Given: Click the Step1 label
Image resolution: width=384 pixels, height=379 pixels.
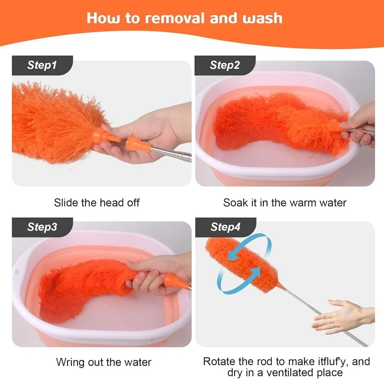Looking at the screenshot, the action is click(42, 65).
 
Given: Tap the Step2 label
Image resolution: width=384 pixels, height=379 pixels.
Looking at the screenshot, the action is click(225, 65).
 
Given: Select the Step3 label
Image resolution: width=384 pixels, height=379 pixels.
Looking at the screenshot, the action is click(42, 227).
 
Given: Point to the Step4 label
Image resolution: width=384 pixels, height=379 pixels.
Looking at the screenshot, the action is click(225, 227).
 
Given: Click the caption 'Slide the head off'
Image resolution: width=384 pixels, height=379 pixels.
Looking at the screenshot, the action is click(97, 203).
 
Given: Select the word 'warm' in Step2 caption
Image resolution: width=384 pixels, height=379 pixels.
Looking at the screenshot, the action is click(304, 203).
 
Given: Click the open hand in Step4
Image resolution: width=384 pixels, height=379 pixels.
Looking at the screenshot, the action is click(343, 317).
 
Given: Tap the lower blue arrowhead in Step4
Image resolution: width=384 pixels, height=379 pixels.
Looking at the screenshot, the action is click(256, 273).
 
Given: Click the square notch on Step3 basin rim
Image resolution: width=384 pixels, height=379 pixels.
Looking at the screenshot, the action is click(18, 272).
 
